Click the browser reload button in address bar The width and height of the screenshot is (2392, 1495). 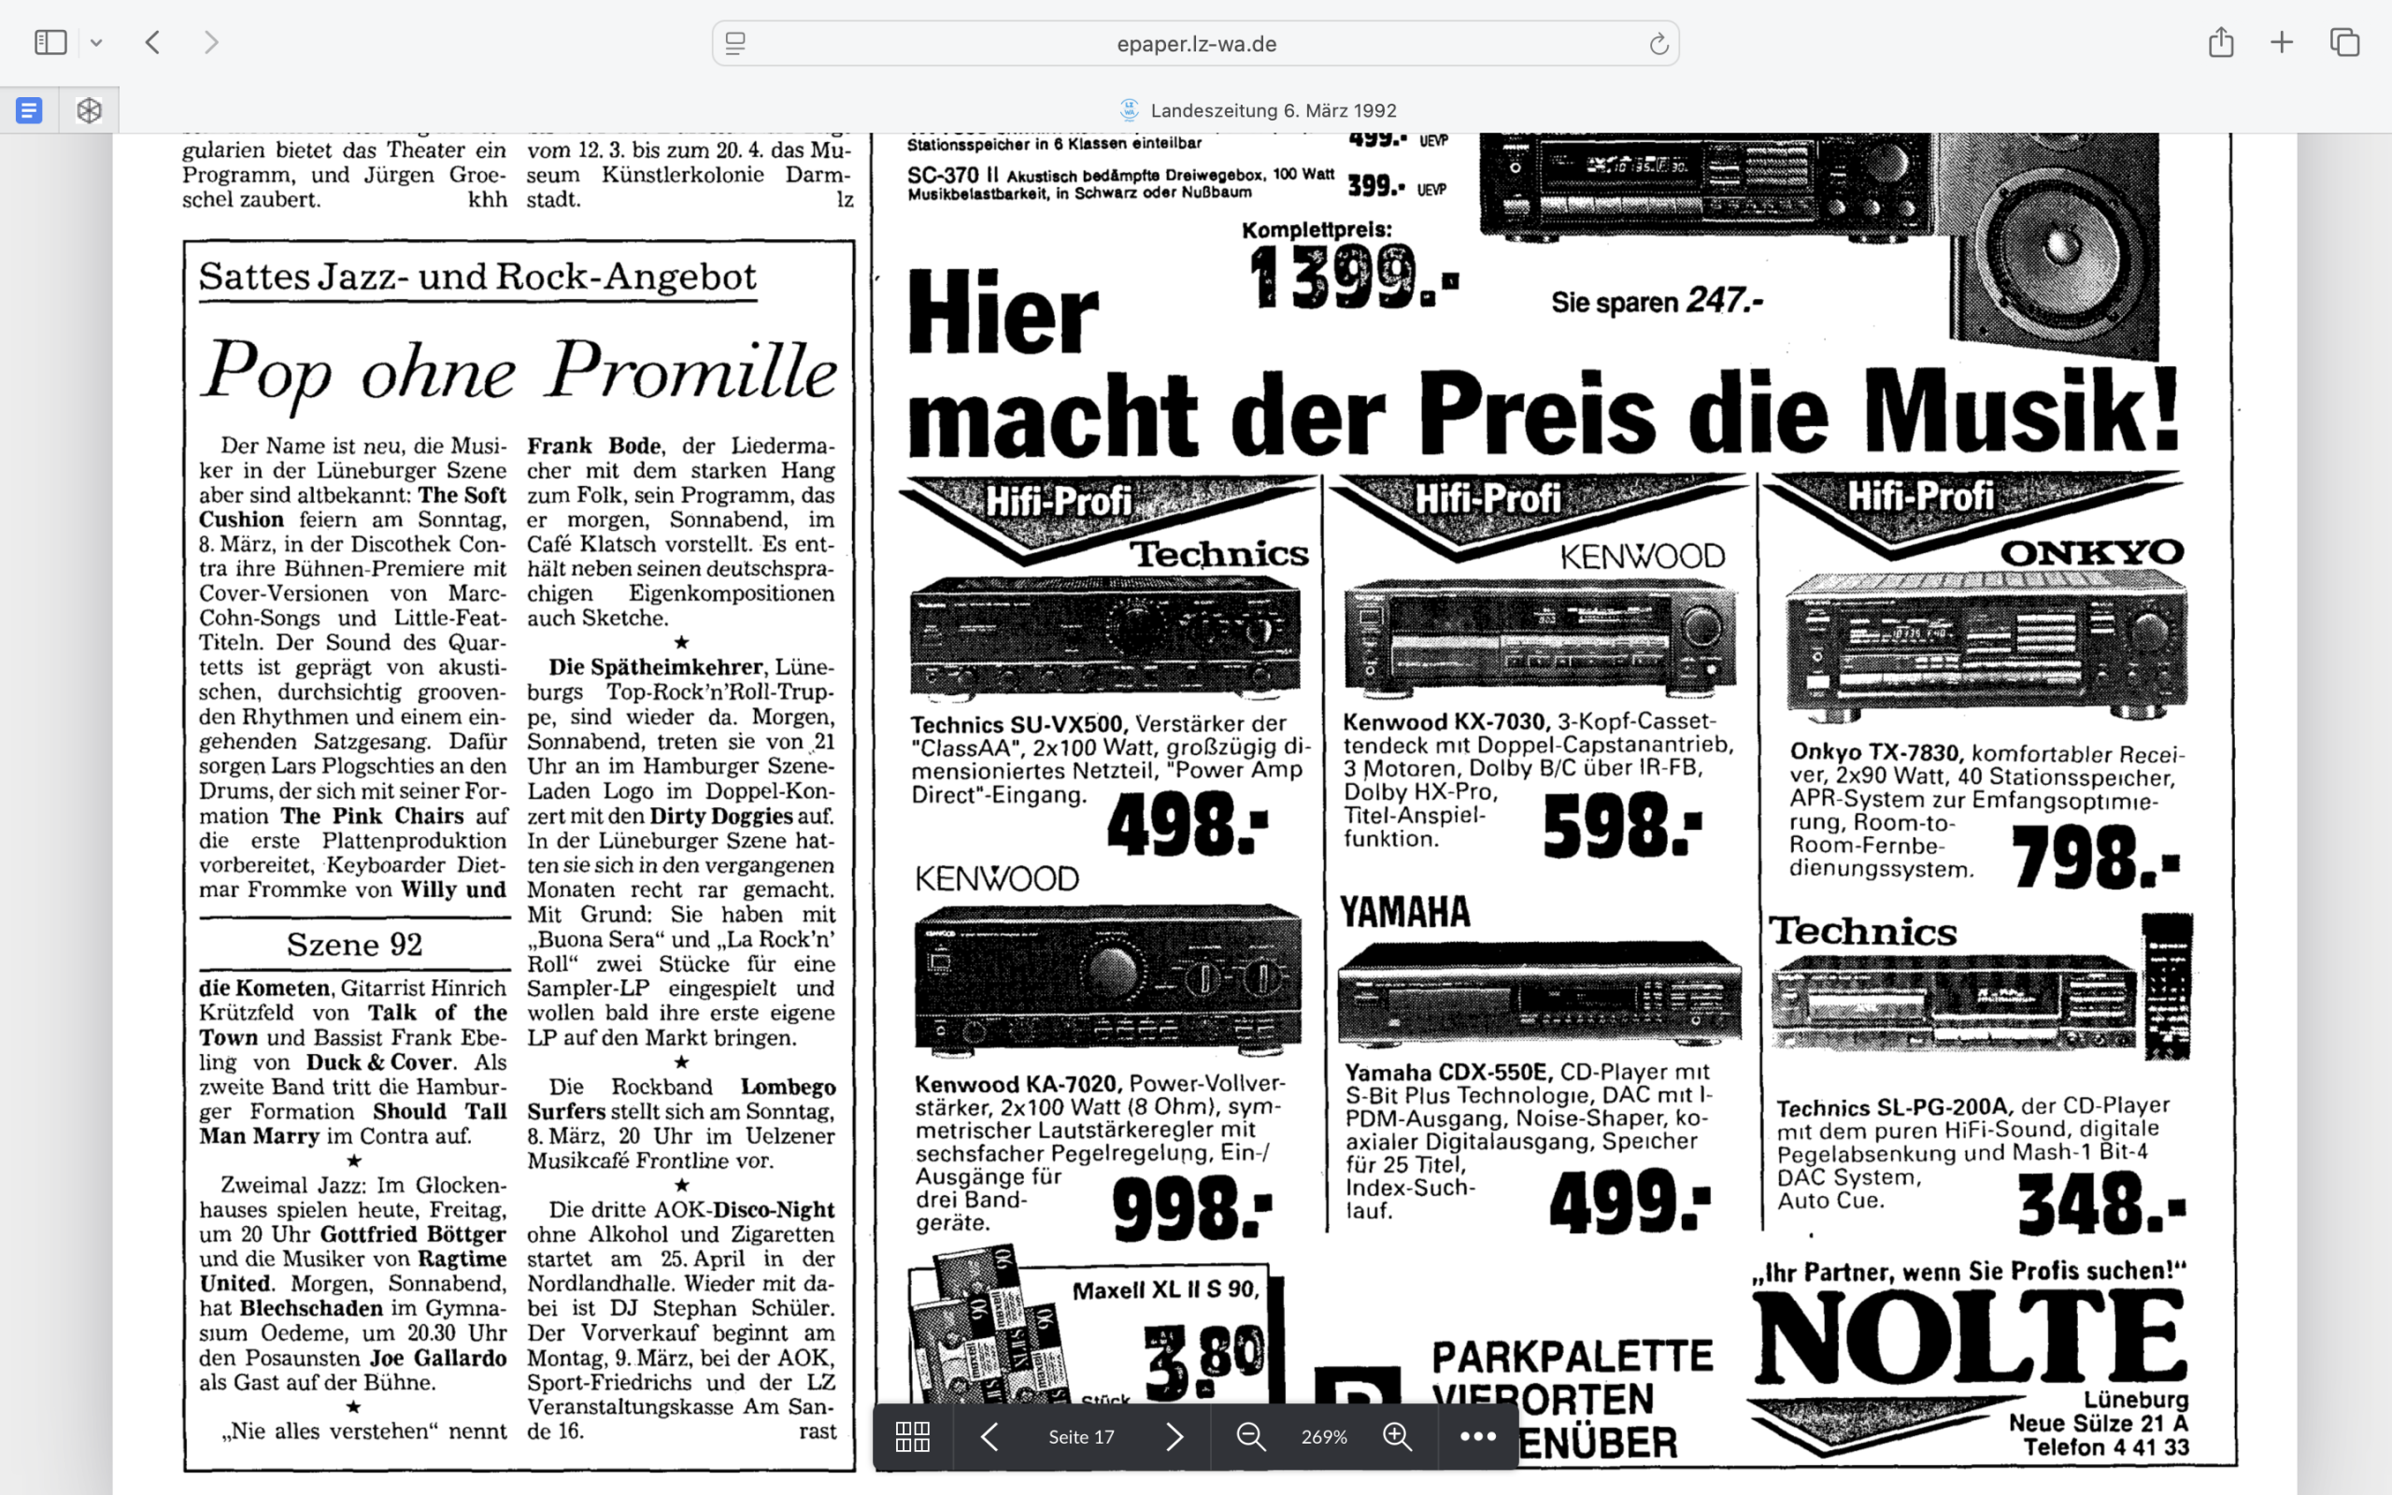coord(1658,44)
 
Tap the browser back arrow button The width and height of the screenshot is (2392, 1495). coord(152,43)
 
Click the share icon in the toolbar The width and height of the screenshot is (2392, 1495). coord(2220,43)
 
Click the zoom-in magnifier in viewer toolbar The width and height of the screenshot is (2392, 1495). coord(1397,1437)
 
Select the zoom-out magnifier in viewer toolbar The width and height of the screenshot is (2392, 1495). coord(1250,1437)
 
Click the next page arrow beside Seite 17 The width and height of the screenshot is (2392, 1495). coord(1174,1437)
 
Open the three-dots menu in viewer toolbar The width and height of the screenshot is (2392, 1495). coord(1477,1437)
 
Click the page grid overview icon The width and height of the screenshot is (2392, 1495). coord(911,1437)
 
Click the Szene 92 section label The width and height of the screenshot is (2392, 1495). coord(354,945)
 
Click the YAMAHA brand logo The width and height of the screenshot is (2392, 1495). coord(1404,912)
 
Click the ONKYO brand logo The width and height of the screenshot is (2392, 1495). coord(2091,551)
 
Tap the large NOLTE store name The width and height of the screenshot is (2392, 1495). coord(1969,1337)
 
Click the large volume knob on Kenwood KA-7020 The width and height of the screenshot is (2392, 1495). coord(1113,971)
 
